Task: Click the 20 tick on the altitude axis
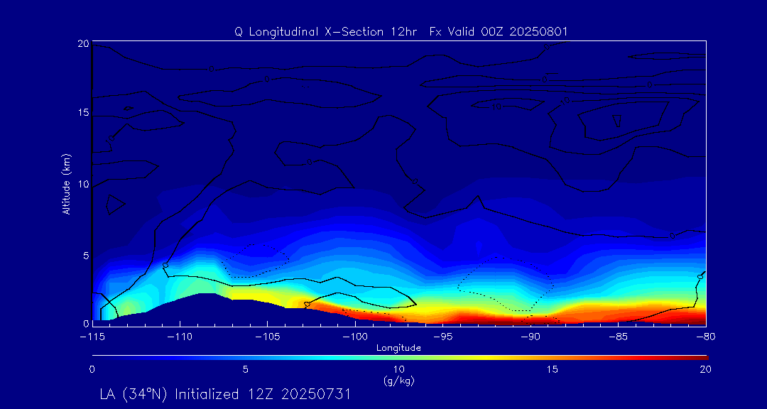(82, 43)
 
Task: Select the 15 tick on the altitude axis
(82, 114)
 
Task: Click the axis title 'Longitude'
(398, 348)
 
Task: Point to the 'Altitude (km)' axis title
(66, 184)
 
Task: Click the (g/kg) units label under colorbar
(398, 381)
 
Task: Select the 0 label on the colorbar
(92, 369)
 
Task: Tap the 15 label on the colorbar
(552, 369)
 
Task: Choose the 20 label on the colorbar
(705, 369)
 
